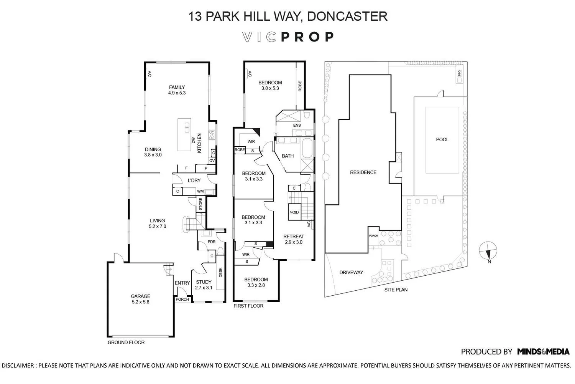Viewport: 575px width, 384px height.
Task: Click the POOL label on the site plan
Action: pos(442,140)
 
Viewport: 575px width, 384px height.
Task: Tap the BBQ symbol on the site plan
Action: pos(459,76)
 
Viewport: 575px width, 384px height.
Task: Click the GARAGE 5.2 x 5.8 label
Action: pos(140,299)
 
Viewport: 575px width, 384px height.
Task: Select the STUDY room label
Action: pos(204,282)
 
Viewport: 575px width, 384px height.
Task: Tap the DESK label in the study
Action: pos(220,273)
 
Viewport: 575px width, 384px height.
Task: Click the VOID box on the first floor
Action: pos(294,212)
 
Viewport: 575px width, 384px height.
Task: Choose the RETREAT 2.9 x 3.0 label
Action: pos(294,239)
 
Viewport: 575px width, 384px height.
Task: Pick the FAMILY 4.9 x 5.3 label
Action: pos(177,90)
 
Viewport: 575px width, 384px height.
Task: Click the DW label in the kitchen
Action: pos(193,140)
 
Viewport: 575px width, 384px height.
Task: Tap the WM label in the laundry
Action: pos(200,191)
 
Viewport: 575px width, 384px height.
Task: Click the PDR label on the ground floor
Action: pos(212,242)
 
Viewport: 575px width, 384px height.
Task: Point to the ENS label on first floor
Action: pos(297,125)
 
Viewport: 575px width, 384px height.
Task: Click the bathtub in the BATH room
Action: pos(307,148)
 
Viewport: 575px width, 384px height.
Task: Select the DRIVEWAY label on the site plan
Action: pos(351,272)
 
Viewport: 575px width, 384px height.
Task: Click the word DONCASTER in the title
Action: pos(347,16)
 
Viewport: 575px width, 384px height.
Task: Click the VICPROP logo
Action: pos(288,37)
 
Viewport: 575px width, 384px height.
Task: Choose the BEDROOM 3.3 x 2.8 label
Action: pos(256,282)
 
